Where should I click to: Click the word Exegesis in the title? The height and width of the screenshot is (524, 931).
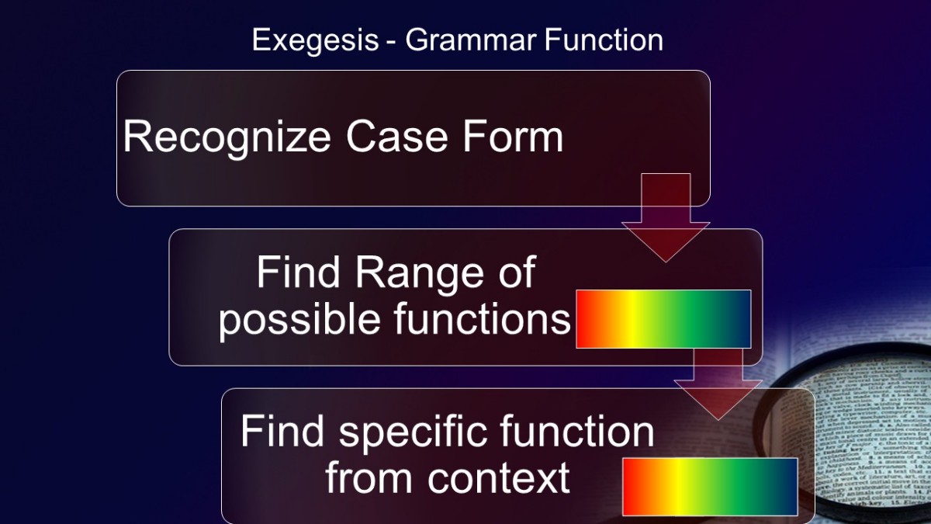(316, 41)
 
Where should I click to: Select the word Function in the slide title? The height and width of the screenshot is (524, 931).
(604, 40)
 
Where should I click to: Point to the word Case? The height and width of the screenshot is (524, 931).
(397, 137)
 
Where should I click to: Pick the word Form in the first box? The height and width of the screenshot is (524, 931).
(513, 137)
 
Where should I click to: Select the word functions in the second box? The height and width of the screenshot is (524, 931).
(482, 318)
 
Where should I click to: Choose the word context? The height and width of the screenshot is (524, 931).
(498, 478)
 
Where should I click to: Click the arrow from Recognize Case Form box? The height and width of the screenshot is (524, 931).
(666, 217)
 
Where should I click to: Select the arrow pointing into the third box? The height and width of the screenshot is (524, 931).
(718, 383)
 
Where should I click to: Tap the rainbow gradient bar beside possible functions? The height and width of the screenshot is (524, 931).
(663, 319)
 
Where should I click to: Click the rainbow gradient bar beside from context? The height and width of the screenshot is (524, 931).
(710, 487)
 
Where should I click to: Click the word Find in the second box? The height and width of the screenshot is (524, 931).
(298, 272)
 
